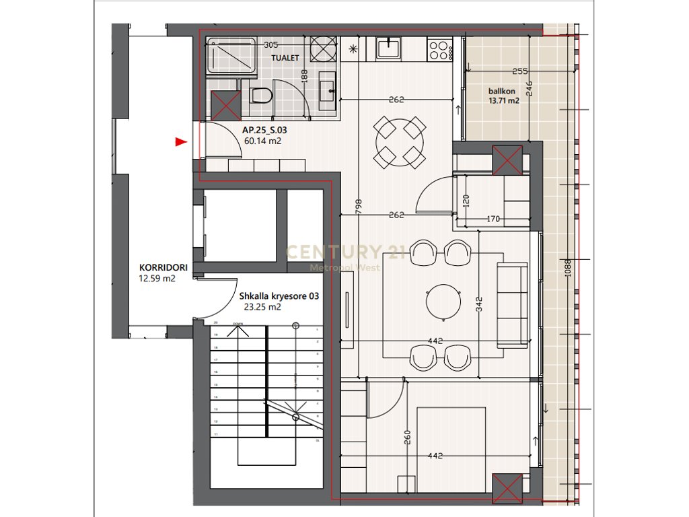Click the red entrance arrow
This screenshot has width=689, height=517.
pos(180,141)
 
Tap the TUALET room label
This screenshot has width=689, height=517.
pos(285,59)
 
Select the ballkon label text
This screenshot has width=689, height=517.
pos(501,91)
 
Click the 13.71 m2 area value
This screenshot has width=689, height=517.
pos(504,101)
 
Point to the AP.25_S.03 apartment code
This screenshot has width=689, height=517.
pos(265,131)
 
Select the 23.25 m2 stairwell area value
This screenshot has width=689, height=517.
pos(262,306)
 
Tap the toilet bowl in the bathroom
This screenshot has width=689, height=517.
pos(260,96)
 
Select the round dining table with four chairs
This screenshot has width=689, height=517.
pos(400,143)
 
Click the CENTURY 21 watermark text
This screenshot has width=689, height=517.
pos(343,252)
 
